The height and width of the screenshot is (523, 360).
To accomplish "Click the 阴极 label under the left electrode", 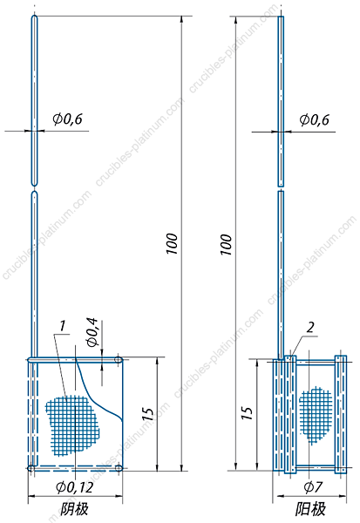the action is click(x=74, y=509).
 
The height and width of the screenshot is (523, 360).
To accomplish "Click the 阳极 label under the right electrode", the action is click(x=310, y=509).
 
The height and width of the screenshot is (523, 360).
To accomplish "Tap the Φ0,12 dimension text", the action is click(x=75, y=487).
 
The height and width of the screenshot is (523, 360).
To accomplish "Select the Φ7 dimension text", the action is click(x=313, y=487).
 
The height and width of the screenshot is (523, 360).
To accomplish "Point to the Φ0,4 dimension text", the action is click(x=92, y=333).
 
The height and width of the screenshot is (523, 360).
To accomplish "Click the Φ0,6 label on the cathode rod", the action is click(x=67, y=119).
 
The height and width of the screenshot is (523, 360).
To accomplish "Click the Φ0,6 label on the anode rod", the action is click(x=314, y=119).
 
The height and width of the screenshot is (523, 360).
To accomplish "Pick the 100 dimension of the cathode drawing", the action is click(x=173, y=244).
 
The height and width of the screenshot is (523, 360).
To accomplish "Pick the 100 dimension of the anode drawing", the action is click(x=226, y=244).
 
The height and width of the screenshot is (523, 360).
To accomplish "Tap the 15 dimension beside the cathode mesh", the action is click(x=148, y=414).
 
